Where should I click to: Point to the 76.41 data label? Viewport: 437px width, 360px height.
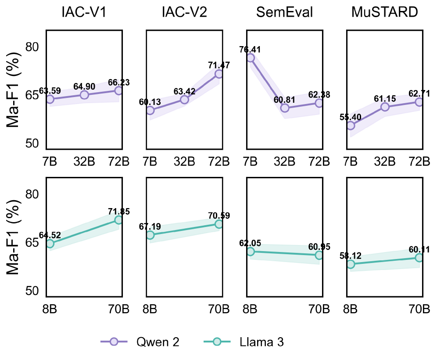pos(250,49)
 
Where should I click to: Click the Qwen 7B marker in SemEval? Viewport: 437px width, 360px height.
pos(250,58)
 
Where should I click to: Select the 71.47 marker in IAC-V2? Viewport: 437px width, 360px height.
pos(218,74)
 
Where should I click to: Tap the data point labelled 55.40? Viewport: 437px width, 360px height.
pos(350,126)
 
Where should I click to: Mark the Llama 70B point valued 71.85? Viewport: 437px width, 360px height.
pos(118,220)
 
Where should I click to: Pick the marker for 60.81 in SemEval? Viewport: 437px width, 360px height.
pos(285,108)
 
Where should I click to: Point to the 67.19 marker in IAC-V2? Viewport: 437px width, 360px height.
pos(150,235)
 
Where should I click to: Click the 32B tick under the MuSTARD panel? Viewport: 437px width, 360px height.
pos(385,161)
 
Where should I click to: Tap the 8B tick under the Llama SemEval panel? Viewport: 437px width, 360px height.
pos(250,309)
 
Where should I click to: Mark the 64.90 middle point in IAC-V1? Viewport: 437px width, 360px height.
pos(84,95)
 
